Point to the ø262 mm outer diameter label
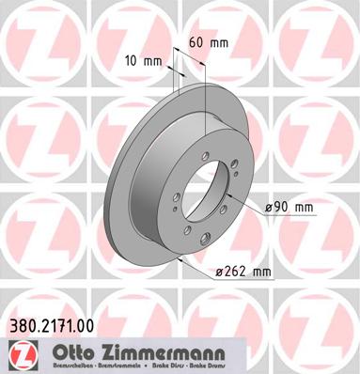point(242,273)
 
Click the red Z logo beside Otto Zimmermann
point(19,353)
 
